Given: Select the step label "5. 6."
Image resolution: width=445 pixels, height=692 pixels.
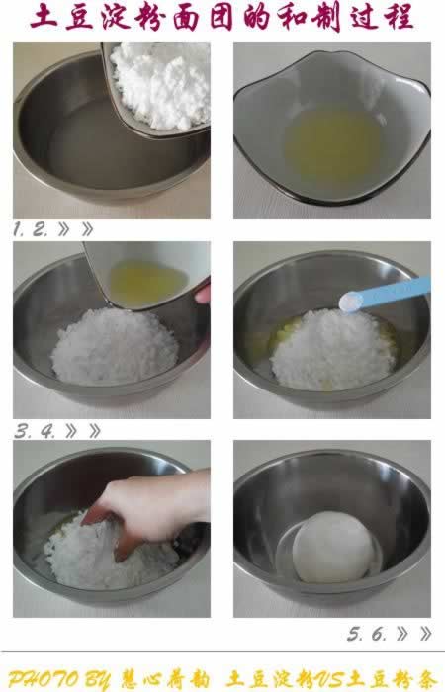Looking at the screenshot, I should (368, 633).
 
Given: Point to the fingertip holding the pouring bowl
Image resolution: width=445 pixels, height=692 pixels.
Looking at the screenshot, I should (203, 294).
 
